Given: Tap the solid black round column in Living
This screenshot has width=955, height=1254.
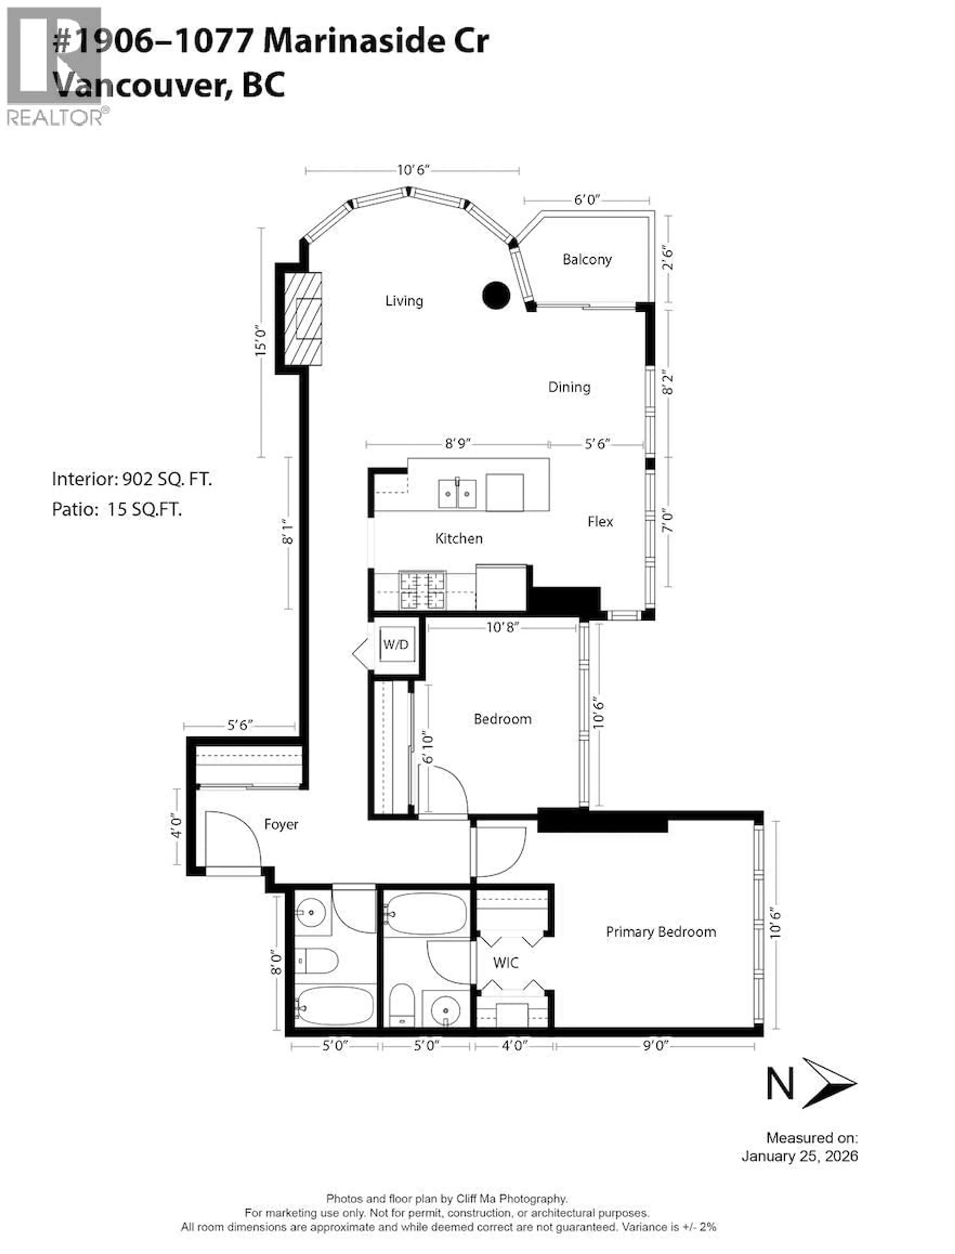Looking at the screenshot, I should point(496,295).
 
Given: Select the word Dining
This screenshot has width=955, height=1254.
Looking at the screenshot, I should point(569,387).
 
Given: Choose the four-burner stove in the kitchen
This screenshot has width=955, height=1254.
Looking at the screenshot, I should point(422,591).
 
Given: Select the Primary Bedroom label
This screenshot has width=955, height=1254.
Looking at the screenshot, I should point(661,932).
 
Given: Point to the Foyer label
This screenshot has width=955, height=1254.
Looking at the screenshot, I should point(281,824).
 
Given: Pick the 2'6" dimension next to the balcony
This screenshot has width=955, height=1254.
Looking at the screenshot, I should point(667,259).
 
